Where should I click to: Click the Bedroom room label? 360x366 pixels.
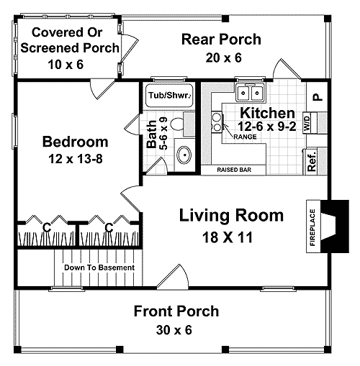tap(75, 141)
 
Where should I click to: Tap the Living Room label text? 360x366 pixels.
tap(231, 215)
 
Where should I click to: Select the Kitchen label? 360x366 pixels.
tap(266, 113)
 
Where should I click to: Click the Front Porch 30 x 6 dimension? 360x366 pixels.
tap(176, 330)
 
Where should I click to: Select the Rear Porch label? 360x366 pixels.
tap(221, 39)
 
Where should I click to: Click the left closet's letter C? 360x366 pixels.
tap(45, 227)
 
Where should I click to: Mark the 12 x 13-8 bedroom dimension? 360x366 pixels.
tap(75, 159)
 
